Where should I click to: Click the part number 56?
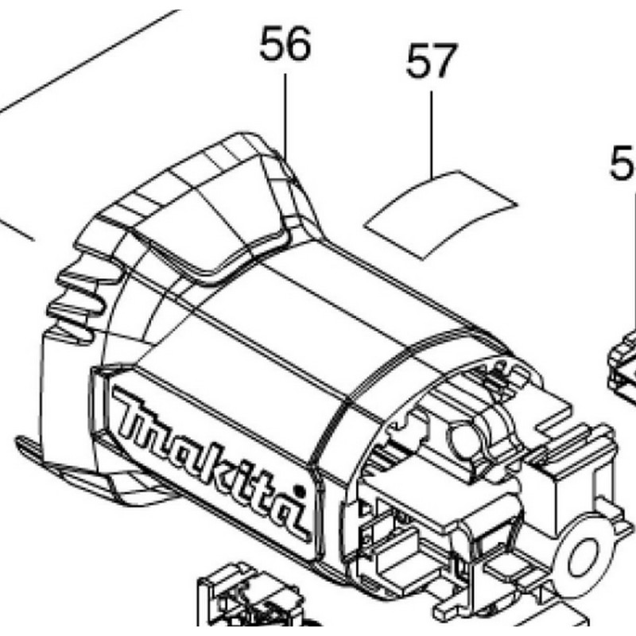point(285,45)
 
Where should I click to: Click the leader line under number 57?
point(432,132)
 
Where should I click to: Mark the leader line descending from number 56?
point(285,111)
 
